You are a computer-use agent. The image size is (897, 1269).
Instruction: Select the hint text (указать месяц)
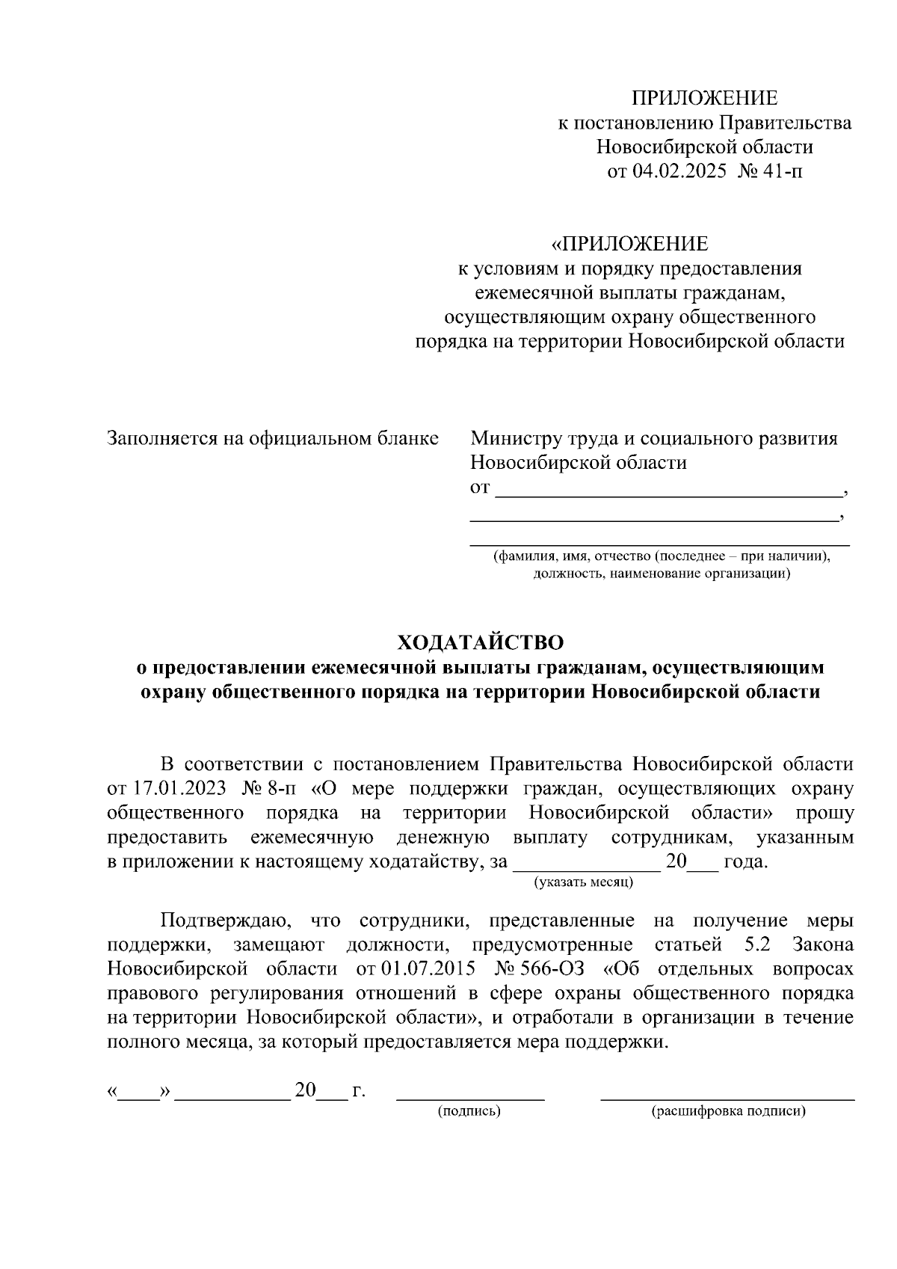pyautogui.click(x=584, y=882)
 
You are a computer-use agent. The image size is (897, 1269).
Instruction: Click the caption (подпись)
pyautogui.click(x=469, y=1111)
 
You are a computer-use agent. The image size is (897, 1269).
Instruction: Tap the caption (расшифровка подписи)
pyautogui.click(x=729, y=1111)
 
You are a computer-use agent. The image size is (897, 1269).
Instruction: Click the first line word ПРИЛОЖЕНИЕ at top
pyautogui.click(x=705, y=98)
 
